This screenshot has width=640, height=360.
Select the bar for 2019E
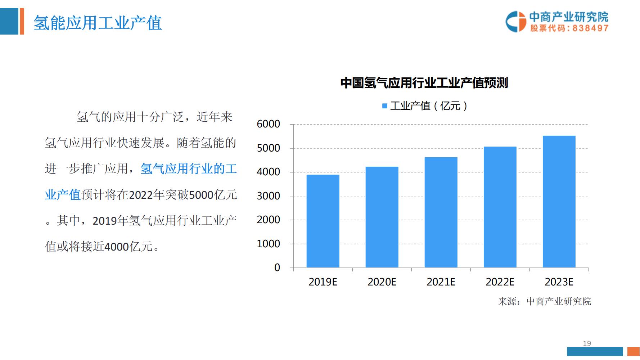(323, 221)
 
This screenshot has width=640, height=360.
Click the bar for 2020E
(382, 217)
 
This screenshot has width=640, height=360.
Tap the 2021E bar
(441, 212)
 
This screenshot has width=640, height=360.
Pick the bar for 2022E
(500, 207)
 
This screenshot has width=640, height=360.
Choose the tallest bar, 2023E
(559, 202)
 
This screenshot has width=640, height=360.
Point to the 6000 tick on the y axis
(268, 124)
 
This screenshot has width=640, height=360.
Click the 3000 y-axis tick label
(268, 196)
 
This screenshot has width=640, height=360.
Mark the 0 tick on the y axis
(277, 267)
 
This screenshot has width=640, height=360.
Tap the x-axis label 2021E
(441, 282)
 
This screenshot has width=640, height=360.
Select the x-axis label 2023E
(559, 282)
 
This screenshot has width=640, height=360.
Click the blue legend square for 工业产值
(384, 106)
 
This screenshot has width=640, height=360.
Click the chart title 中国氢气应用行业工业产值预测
(424, 83)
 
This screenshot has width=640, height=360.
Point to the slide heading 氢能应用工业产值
(98, 23)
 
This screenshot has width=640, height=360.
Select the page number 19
(587, 343)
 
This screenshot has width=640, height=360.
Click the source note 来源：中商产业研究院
(544, 301)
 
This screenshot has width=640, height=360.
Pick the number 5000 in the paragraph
(201, 195)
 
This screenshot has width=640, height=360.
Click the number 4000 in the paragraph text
(116, 247)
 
